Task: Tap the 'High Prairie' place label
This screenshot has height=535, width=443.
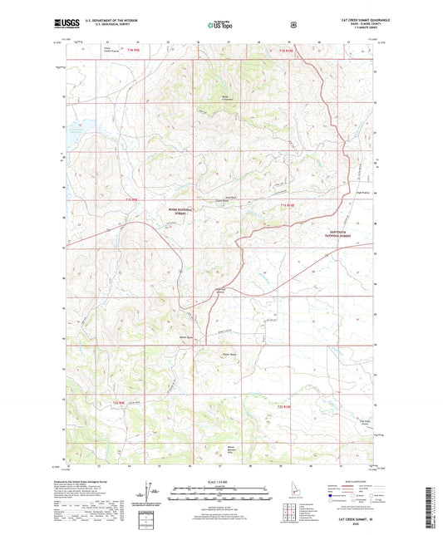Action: point(361,194)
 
